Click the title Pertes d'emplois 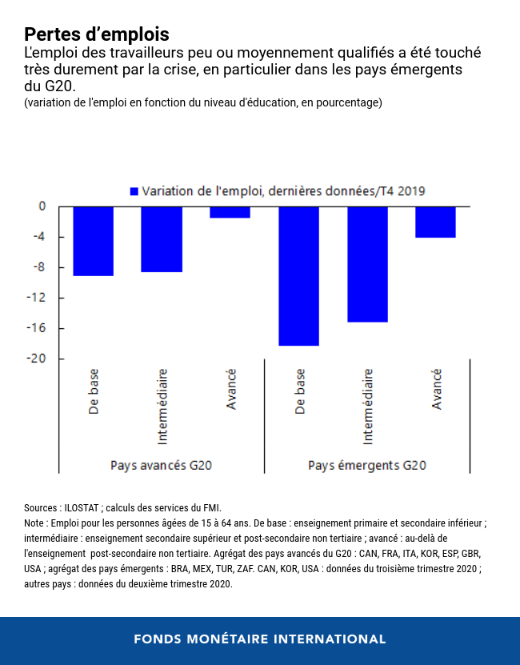(x=97, y=34)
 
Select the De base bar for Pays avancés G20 (x=93, y=241)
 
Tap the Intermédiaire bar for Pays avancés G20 (x=162, y=239)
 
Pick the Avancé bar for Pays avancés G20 (x=230, y=212)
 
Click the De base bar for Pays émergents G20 (x=298, y=276)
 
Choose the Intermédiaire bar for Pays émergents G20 (x=367, y=264)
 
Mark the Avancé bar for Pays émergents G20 (x=435, y=222)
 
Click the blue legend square (x=134, y=190)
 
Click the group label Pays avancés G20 (x=161, y=465)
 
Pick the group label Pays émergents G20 (x=367, y=465)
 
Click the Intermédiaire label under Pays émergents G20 (x=368, y=406)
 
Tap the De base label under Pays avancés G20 (x=94, y=391)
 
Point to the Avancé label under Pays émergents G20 (x=436, y=390)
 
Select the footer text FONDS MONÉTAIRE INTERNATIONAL (x=260, y=639)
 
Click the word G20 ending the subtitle (x=62, y=86)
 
